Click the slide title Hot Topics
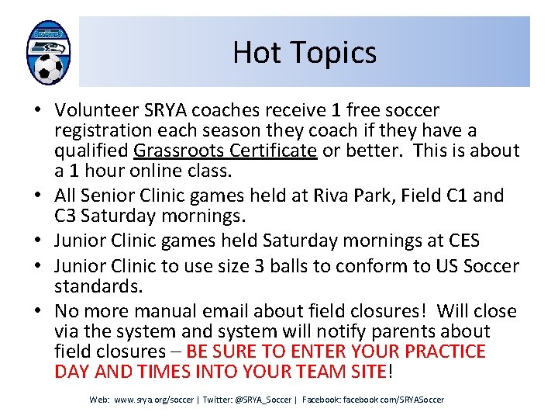tap(305, 53)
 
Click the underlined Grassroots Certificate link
tap(225, 150)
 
